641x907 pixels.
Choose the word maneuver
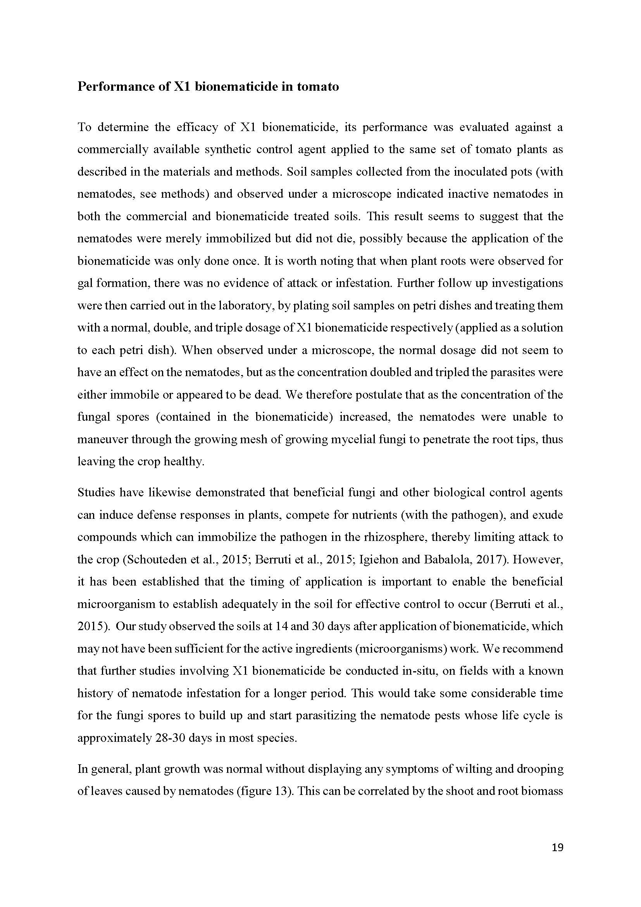102,439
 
